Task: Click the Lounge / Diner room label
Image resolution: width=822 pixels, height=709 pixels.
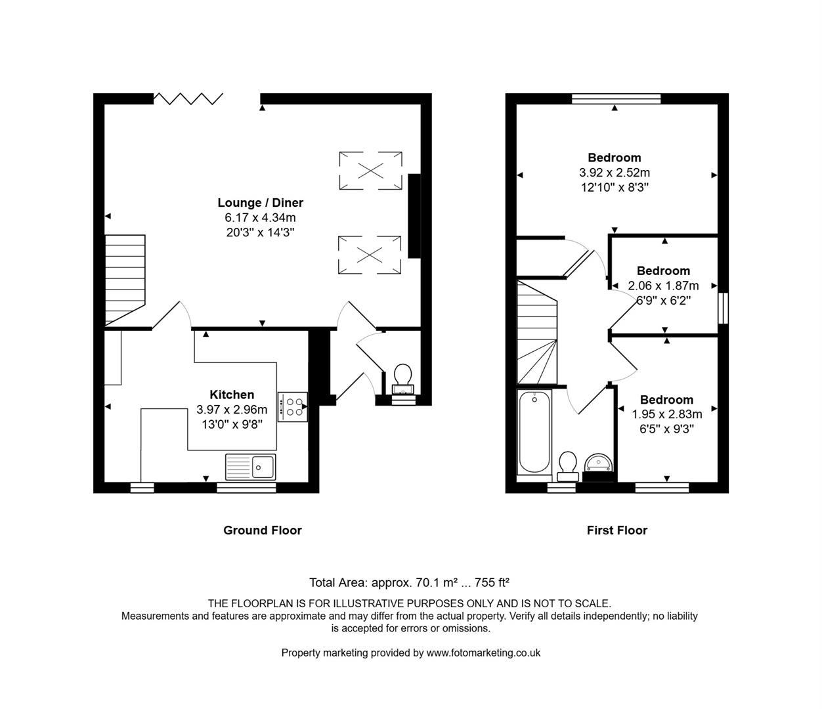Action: click(260, 203)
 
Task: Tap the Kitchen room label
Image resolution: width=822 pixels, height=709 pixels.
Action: click(232, 395)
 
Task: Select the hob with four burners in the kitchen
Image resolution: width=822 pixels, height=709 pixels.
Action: click(292, 407)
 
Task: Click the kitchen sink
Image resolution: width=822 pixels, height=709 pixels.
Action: click(251, 467)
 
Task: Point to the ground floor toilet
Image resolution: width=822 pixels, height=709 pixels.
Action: click(402, 377)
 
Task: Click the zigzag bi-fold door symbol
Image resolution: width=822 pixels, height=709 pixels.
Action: click(188, 98)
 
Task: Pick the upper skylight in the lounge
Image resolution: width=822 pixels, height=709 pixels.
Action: click(370, 171)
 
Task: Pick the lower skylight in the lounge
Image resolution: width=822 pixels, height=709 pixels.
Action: click(369, 255)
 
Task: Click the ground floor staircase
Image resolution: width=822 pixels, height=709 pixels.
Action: click(125, 279)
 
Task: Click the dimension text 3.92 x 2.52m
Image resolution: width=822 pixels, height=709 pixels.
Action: click(614, 173)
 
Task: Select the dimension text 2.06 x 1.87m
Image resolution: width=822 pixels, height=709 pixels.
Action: click(663, 286)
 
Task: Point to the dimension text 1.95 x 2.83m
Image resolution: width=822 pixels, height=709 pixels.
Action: click(666, 414)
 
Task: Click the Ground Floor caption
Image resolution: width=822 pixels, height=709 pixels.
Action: click(262, 530)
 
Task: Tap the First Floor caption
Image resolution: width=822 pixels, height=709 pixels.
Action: click(616, 530)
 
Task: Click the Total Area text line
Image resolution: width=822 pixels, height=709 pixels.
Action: click(409, 582)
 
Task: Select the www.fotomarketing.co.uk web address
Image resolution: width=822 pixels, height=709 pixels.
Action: click(483, 653)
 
